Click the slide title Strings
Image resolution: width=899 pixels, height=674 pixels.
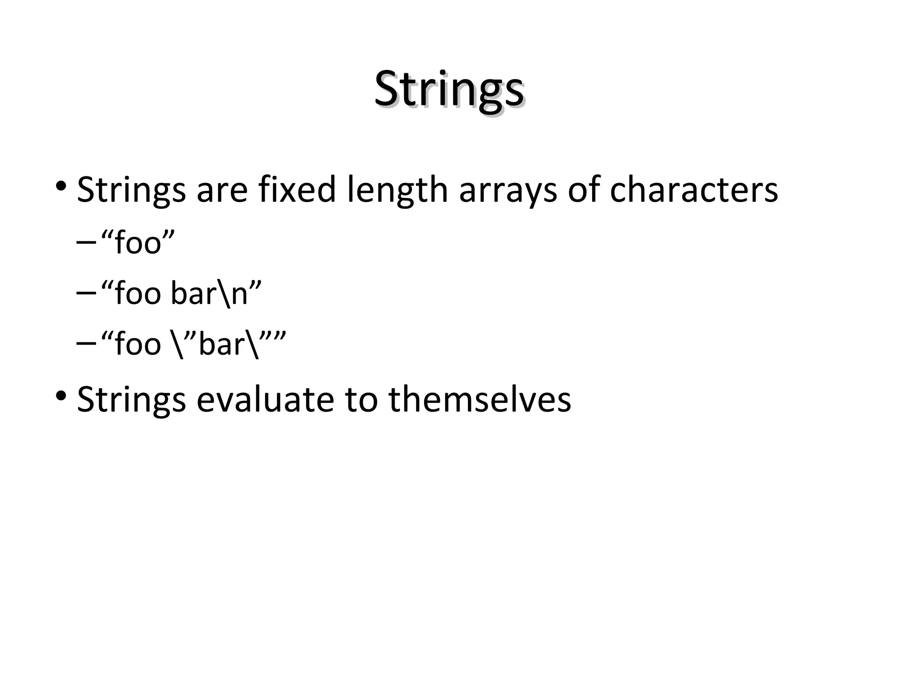pyautogui.click(x=449, y=90)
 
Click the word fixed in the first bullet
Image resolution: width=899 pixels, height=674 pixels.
pyautogui.click(x=297, y=190)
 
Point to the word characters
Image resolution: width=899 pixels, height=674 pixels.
pyautogui.click(x=694, y=190)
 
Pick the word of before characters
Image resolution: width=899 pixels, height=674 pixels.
pyautogui.click(x=583, y=190)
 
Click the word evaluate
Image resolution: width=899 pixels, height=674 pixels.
pyautogui.click(x=265, y=399)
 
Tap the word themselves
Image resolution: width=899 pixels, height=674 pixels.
pyautogui.click(x=479, y=399)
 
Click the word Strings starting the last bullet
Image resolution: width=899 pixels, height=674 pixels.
pyautogui.click(x=131, y=400)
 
